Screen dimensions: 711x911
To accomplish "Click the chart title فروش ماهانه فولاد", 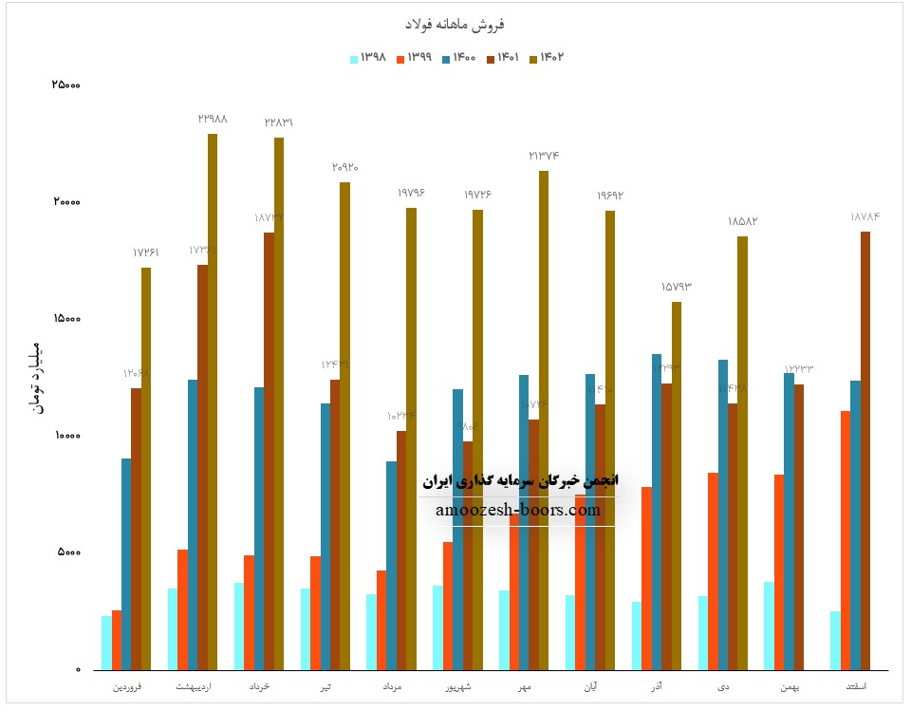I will pyautogui.click(x=455, y=23).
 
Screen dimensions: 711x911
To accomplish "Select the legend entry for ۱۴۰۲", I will pyautogui.click(x=548, y=59).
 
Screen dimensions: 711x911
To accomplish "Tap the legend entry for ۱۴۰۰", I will pyautogui.click(x=459, y=59).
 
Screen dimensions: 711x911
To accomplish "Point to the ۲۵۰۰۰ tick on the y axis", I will pyautogui.click(x=65, y=85).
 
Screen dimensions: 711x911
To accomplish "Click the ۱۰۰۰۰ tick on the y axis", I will pyautogui.click(x=65, y=436).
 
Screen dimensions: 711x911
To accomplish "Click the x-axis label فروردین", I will pyautogui.click(x=129, y=684).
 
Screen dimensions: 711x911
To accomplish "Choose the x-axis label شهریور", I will pyautogui.click(x=460, y=684).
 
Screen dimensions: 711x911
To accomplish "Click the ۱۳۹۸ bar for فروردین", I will pyautogui.click(x=107, y=643).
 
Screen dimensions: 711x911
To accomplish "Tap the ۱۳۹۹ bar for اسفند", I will pyautogui.click(x=845, y=539).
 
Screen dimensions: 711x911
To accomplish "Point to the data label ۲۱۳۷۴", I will pyautogui.click(x=544, y=155).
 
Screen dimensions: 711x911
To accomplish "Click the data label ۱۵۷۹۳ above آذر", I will pyautogui.click(x=677, y=286).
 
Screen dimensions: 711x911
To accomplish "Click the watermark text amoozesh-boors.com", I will pyautogui.click(x=518, y=510).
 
